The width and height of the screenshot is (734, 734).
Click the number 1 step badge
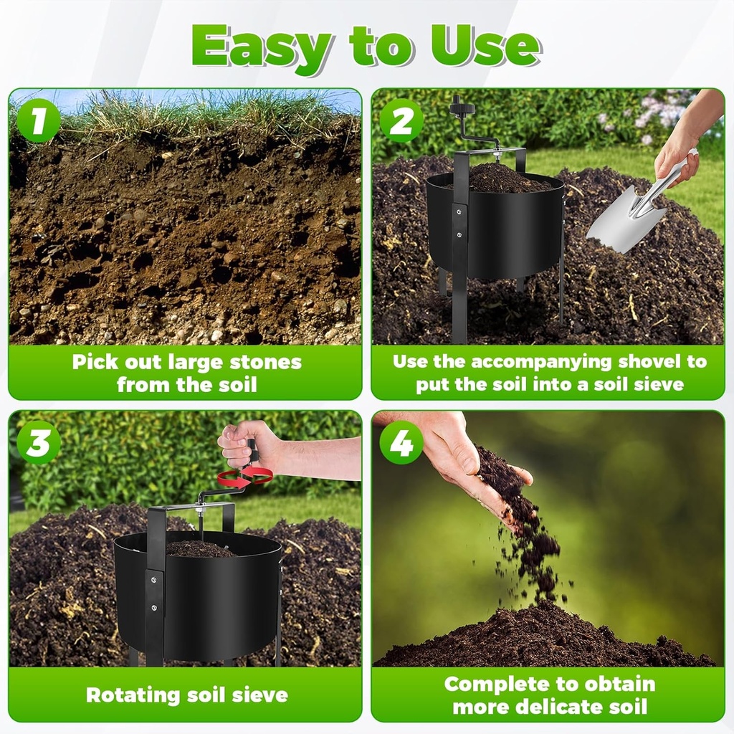pyautogui.click(x=38, y=120)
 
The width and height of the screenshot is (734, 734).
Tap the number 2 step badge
pyautogui.click(x=401, y=120)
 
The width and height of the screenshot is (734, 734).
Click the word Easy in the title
pyautogui.click(x=262, y=47)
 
